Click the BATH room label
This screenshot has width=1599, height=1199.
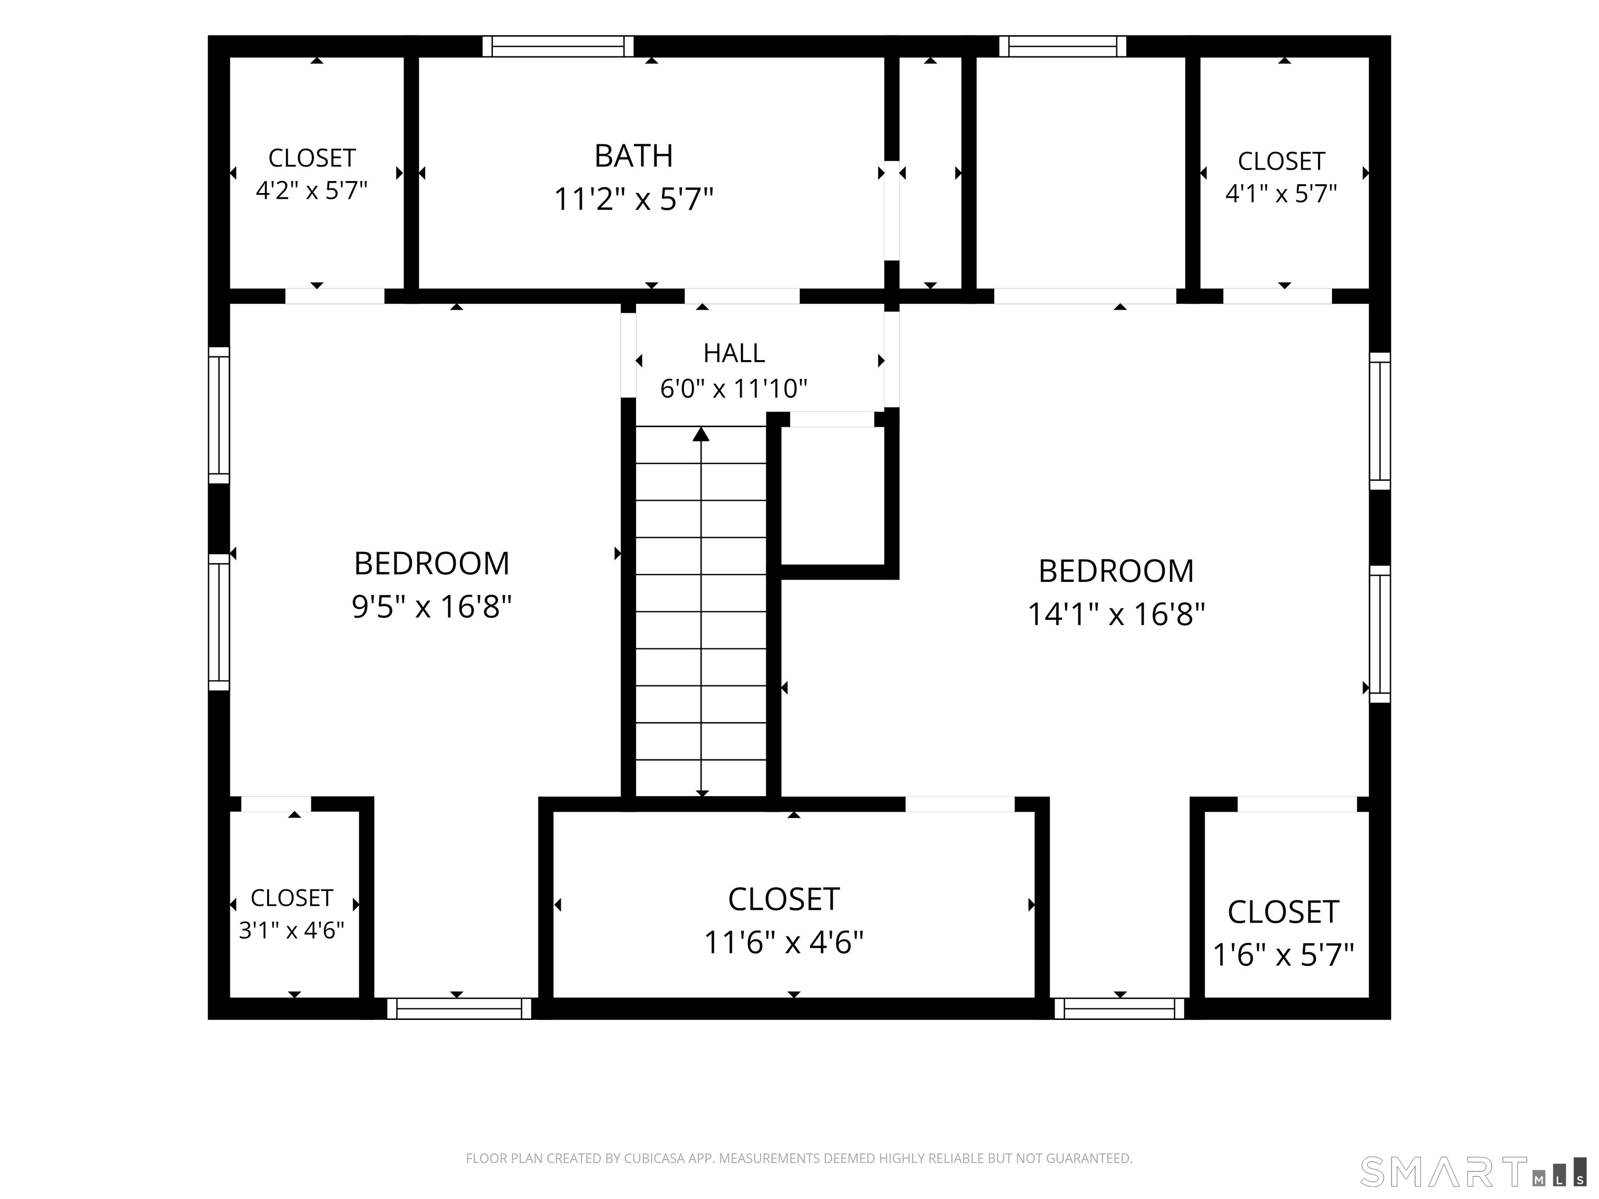tap(633, 156)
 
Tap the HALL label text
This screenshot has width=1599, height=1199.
tap(734, 353)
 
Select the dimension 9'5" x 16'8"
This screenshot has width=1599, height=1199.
tap(432, 606)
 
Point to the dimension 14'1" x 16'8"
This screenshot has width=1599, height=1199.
tap(1116, 614)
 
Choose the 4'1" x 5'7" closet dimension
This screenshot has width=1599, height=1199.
tap(1281, 194)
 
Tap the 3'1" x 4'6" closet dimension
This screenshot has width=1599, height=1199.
tap(291, 930)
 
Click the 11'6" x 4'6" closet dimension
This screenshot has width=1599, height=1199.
tap(783, 942)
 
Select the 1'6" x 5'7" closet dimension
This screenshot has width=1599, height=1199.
tap(1283, 955)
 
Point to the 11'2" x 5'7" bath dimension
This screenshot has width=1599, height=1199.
tap(633, 199)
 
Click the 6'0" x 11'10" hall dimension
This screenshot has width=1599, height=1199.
tap(734, 389)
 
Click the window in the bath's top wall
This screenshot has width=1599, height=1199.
tap(558, 46)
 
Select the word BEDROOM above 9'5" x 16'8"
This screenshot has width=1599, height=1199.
tap(432, 564)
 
